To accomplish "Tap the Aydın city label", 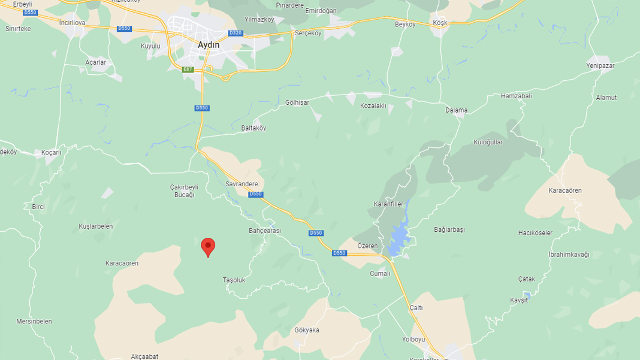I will point(209,45).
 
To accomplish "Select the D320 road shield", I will point(236,33).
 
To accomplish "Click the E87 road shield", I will point(188,69).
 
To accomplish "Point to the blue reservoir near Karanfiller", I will point(397,237).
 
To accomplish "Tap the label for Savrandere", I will point(241,184).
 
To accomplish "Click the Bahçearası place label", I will point(265,231).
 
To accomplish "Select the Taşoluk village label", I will point(234,280).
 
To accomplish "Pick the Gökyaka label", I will point(307,330).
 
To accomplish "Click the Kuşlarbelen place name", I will point(96,226).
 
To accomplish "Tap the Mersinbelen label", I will point(34,321).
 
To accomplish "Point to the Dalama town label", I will point(456,110).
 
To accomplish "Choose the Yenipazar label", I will point(600,66).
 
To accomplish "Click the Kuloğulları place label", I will point(488,143).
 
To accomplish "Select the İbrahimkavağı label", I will point(569,255).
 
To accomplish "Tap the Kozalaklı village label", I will point(373,106).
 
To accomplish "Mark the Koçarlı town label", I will point(52,153).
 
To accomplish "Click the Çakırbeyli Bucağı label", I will point(185,191).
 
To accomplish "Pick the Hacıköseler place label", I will point(535,233).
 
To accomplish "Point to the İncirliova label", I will point(73,23).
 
